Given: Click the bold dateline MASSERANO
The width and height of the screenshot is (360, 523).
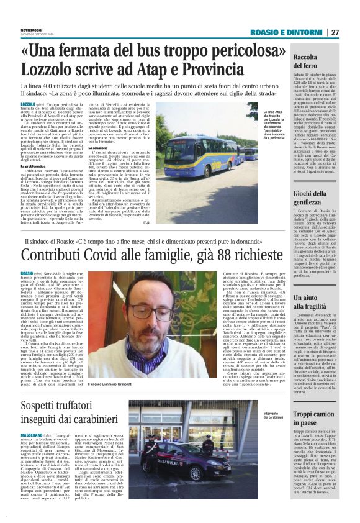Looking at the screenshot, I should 35,435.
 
